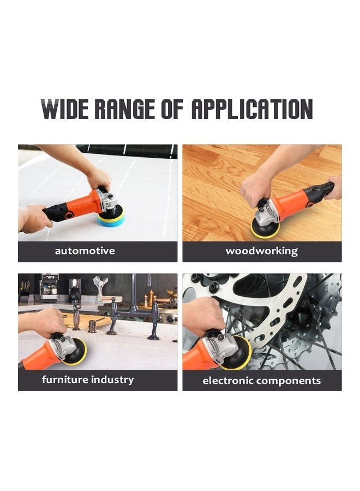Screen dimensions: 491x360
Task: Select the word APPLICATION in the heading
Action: point(251,109)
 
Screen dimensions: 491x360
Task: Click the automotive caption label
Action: point(85,252)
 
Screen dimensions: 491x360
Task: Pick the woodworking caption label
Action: point(262,252)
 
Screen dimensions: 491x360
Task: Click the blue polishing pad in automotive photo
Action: point(111,218)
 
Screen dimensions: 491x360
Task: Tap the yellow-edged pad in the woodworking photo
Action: point(265,227)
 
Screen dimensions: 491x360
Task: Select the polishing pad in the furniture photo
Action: point(76,351)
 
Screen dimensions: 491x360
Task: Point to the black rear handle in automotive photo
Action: point(57,212)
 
